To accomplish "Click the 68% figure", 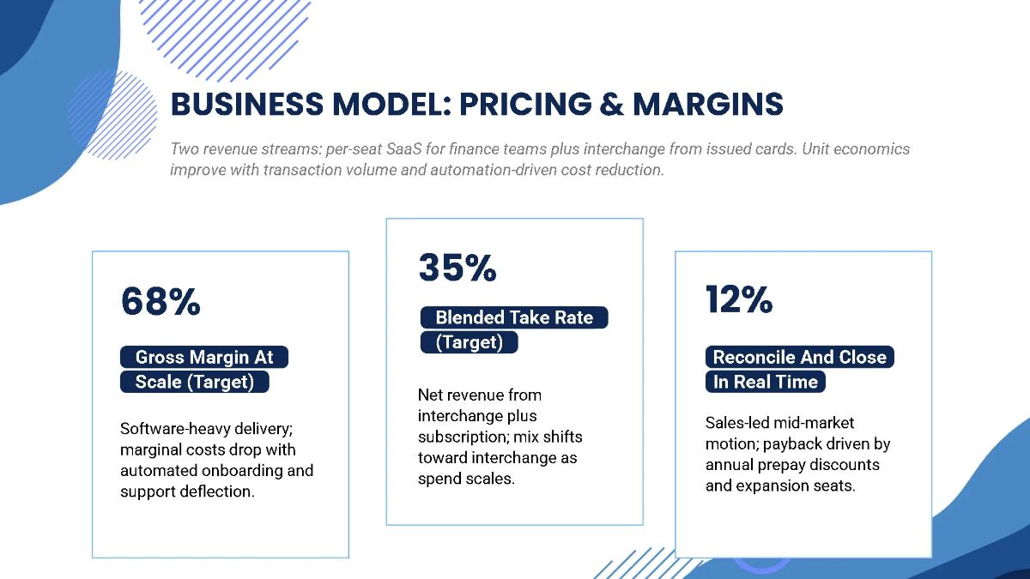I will click(x=161, y=301).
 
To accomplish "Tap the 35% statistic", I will click(x=457, y=268).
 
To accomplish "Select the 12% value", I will click(x=739, y=299).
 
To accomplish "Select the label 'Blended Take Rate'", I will click(x=513, y=317).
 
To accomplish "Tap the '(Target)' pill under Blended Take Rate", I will click(x=469, y=342).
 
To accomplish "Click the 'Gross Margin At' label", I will click(x=204, y=358).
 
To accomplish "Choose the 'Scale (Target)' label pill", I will click(x=195, y=382).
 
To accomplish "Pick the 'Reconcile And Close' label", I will click(x=799, y=358).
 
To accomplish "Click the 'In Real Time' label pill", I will click(x=766, y=382).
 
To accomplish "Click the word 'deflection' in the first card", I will click(x=216, y=492).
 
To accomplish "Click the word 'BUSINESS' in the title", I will click(x=248, y=104).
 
